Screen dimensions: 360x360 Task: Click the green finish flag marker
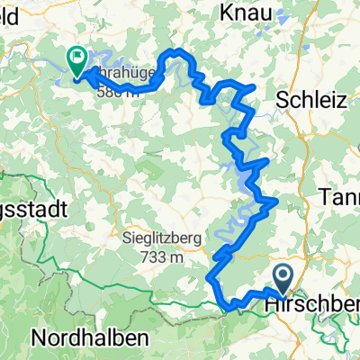[x=76, y=59]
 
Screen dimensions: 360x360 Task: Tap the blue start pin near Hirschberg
[x=282, y=277]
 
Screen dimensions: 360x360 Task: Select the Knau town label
[x=249, y=13]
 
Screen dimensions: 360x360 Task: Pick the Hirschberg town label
[x=311, y=307]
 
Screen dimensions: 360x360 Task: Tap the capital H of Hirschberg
[x=271, y=307]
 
